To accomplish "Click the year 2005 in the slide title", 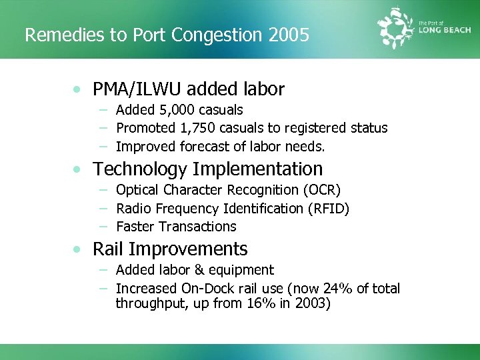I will [x=291, y=35].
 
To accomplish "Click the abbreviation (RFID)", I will [x=328, y=209].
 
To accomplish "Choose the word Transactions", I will [x=198, y=227].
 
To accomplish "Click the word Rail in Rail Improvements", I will [x=108, y=249].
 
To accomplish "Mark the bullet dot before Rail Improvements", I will [x=79, y=250].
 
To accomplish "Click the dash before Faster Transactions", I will [x=104, y=227].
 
